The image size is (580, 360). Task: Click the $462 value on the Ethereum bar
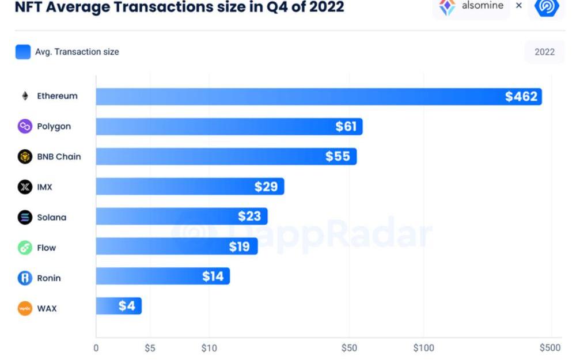tap(521, 97)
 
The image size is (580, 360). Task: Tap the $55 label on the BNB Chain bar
tap(338, 157)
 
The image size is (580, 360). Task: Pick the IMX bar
tap(189, 187)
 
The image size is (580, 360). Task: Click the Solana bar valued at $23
tap(181, 217)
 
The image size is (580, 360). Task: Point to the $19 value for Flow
tap(239, 247)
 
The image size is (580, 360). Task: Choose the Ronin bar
tap(162, 276)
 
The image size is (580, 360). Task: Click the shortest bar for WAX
tap(118, 306)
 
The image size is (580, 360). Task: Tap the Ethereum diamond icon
tap(25, 96)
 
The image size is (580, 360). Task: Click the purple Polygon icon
tap(25, 127)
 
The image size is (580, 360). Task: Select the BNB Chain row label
tap(59, 157)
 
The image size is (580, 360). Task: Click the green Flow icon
tap(25, 248)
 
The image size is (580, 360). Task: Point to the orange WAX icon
tap(25, 308)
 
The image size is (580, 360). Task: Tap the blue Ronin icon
tap(25, 278)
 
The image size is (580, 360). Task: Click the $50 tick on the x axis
tap(349, 348)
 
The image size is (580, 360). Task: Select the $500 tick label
tap(549, 348)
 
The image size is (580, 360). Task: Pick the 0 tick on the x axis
tap(96, 348)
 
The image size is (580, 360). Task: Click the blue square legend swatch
tap(23, 52)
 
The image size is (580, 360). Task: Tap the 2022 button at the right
tap(544, 52)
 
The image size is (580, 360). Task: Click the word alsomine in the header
tap(482, 6)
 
